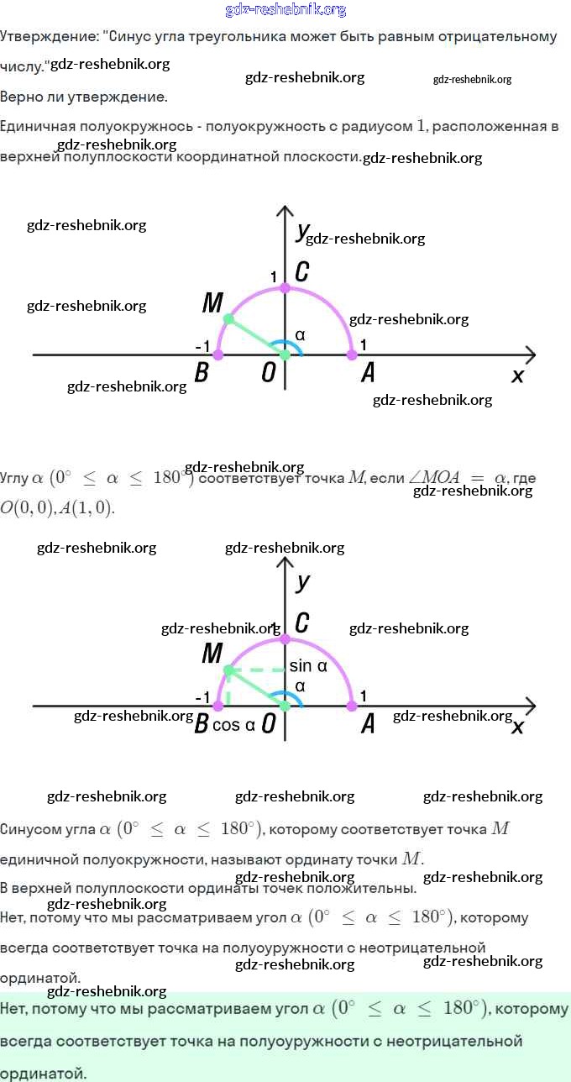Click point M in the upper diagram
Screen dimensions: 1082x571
coord(228,319)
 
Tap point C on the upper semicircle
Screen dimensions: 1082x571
coord(285,287)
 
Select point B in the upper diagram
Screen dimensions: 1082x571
coord(218,355)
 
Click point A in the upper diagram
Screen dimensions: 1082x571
coord(352,355)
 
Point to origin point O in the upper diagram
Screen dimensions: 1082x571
coord(285,355)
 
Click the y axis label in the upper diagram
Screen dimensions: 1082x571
coord(301,232)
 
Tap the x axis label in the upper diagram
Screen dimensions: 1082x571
coord(517,376)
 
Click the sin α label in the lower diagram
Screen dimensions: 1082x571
coord(307,666)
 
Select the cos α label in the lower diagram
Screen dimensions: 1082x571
coord(233,725)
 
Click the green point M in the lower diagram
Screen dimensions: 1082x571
coord(228,670)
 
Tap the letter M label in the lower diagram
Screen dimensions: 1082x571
coord(212,653)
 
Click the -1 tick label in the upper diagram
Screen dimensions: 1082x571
coord(202,346)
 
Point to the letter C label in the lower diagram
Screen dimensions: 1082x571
coord(302,622)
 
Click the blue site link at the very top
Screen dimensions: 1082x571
coord(285,10)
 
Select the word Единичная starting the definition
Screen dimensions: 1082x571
coord(39,127)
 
